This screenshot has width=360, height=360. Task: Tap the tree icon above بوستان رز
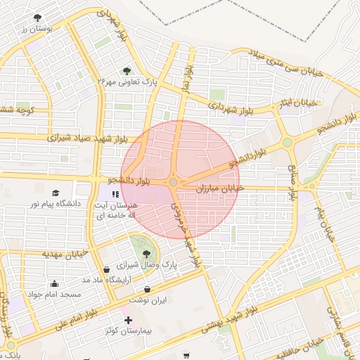pyautogui.click(x=37, y=18)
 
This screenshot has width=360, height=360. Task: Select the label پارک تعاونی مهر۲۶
pyautogui.click(x=126, y=82)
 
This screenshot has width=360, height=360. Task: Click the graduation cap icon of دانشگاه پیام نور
pyautogui.click(x=56, y=193)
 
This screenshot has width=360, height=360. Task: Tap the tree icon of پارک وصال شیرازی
pyautogui.click(x=146, y=254)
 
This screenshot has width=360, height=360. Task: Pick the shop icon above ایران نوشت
pyautogui.click(x=146, y=289)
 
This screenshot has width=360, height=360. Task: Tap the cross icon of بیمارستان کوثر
pyautogui.click(x=128, y=319)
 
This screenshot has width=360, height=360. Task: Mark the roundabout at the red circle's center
pyautogui.click(x=174, y=183)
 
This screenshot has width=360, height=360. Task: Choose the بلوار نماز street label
pyautogui.click(x=188, y=77)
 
